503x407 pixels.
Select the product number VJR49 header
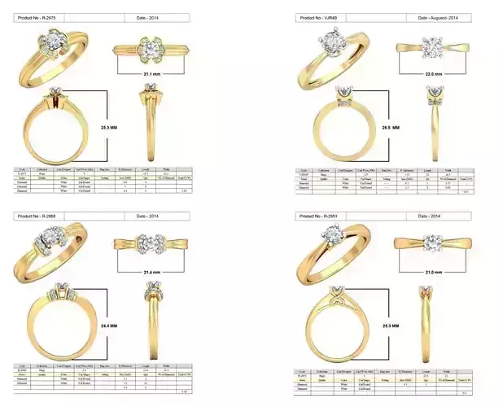(x=321, y=17)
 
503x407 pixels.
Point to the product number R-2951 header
(x=321, y=216)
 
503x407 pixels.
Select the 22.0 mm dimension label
(x=434, y=74)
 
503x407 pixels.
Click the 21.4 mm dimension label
(x=152, y=270)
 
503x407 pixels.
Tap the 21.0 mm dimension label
(x=434, y=272)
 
